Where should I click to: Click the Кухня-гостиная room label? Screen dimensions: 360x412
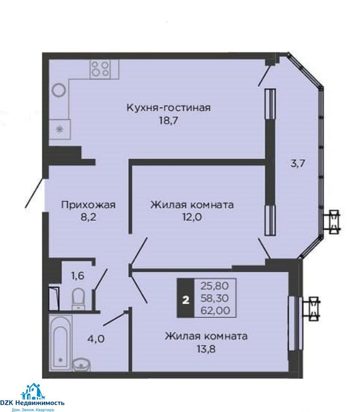pos(168,108)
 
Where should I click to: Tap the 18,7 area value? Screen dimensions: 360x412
pos(168,121)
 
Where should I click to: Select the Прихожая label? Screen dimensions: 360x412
pos(88,205)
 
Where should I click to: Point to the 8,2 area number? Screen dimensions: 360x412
pos(88,217)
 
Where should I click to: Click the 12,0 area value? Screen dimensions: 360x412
pos(192,217)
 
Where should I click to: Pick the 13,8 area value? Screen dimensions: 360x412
pos(206,349)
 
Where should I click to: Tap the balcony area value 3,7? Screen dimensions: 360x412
pos(297,164)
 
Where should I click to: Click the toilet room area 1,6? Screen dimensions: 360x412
pos(78,276)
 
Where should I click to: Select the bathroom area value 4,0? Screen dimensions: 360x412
pos(96,339)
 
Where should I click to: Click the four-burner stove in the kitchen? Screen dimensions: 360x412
pos(101,69)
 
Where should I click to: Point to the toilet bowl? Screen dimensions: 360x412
pos(78,299)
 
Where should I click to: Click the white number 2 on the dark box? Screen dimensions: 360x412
pos(186,300)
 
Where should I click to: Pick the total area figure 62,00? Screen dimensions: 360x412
pos(215,311)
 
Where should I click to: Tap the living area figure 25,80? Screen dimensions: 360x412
pos(214,286)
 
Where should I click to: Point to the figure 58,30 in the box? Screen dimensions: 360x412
pos(214,298)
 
